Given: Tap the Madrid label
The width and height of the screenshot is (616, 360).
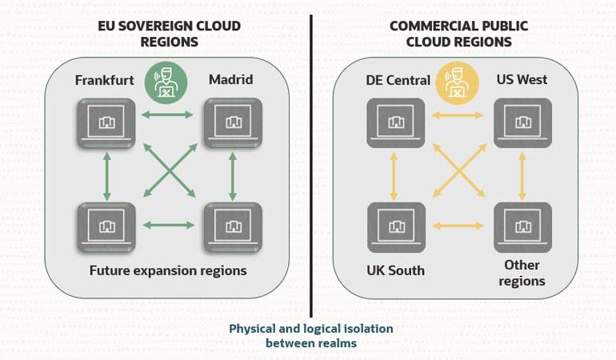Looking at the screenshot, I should coord(230,80).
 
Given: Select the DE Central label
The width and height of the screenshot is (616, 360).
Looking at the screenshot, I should coord(398,80).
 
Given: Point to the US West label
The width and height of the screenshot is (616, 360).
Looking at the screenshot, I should coord(522,80).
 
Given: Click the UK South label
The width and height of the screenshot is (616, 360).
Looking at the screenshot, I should coord(395,270).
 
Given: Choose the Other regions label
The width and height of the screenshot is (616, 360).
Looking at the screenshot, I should coord(522,273).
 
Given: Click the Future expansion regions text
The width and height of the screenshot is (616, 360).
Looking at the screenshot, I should coord(168,270).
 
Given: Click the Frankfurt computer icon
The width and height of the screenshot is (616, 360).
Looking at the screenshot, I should coord(106,123).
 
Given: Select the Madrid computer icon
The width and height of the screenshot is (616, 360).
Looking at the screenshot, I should coord(232,123).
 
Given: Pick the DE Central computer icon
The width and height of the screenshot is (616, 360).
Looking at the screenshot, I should coord(395,123).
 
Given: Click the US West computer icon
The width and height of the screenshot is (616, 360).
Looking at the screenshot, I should coord(522,123).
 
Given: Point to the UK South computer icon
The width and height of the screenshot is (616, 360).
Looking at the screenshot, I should coord(395,227).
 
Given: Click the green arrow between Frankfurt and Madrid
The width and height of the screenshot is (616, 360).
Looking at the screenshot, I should coord(169,115).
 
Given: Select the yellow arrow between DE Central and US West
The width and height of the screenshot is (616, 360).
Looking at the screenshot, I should coord(458,115).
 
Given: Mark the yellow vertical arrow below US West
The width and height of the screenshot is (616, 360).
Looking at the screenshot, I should coord(522,175).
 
